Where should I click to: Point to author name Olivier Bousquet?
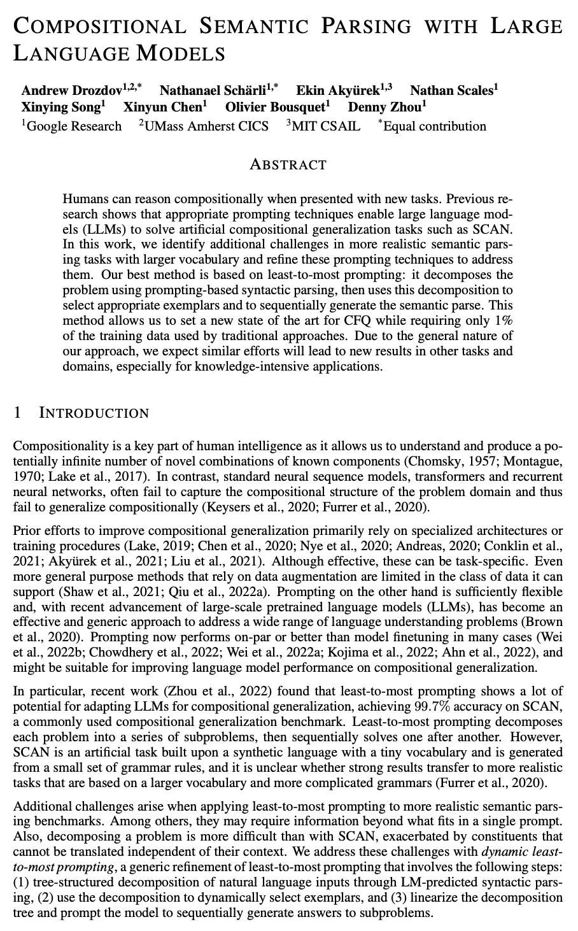pos(275,108)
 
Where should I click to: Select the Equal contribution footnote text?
pos(434,126)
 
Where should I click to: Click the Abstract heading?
pos(288,165)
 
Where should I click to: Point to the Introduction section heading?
pos(94,413)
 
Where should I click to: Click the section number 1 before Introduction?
pos(18,413)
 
